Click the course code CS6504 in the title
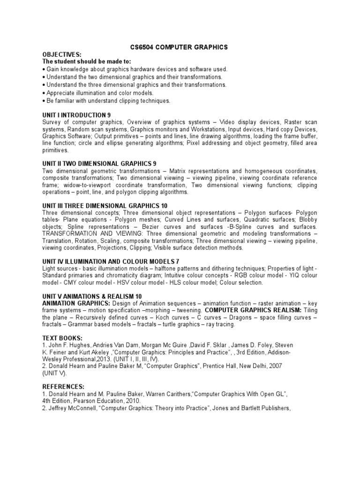point(142,47)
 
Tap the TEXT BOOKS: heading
point(62,338)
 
